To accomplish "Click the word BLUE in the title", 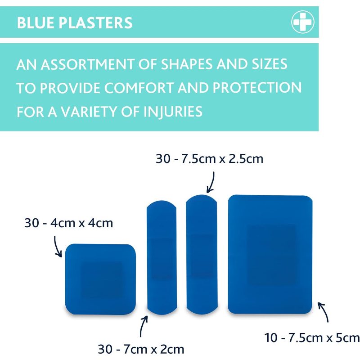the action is point(36,23).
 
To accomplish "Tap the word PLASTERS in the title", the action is point(95,23).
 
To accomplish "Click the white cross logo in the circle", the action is point(302,22).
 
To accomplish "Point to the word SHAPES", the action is point(187,64).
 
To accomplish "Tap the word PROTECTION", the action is point(257,88).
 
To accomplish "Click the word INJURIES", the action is point(173,112).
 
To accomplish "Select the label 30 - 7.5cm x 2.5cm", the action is point(209,159).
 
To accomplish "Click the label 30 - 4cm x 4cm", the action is point(69,223).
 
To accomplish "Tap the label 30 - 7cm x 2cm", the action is point(141,349).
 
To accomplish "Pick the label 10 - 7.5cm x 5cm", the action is point(312,338).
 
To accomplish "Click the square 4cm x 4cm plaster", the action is point(100,279).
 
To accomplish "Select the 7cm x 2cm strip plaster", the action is point(162,258).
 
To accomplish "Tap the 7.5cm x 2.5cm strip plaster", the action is point(202,255).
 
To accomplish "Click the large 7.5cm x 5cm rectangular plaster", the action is point(270,254).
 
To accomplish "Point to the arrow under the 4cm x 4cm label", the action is point(56,247).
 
